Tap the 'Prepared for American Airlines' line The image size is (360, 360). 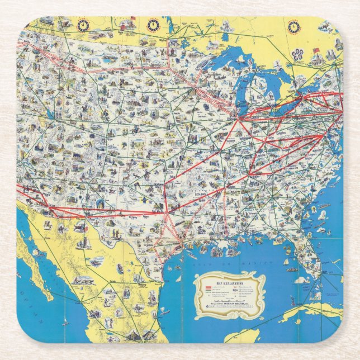pyautogui.click(x=229, y=303)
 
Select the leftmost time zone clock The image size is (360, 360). pyautogui.click(x=84, y=25)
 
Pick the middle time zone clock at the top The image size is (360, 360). pyautogui.click(x=153, y=25)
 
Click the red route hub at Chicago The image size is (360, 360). pyautogui.click(x=238, y=119)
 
